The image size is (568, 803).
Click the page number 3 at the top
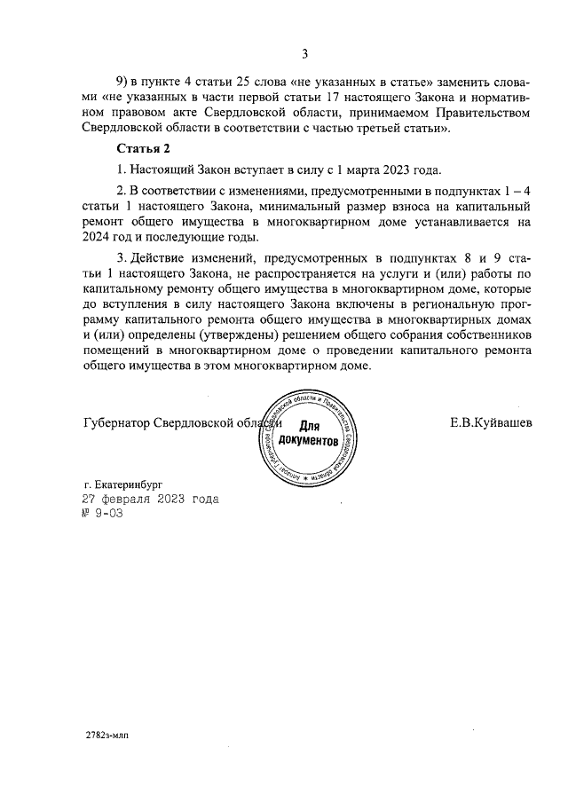pyautogui.click(x=304, y=53)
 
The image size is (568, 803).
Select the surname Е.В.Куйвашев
pyautogui.click(x=491, y=422)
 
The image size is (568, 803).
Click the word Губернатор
pyautogui.click(x=115, y=422)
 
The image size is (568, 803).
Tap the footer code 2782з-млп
pyautogui.click(x=106, y=736)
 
